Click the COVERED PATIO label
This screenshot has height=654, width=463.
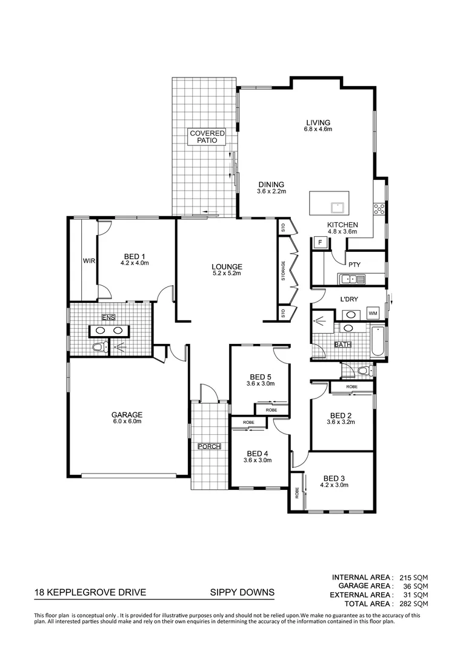tap(207, 137)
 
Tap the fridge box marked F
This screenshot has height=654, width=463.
tap(321, 242)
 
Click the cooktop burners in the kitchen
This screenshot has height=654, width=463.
tap(379, 210)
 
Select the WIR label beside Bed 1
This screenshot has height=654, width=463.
tap(89, 261)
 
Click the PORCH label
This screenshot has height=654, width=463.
tap(209, 447)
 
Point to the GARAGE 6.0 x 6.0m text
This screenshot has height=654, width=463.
tap(127, 418)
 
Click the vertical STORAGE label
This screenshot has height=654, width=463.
tap(283, 271)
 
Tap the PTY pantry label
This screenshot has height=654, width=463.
tap(355, 264)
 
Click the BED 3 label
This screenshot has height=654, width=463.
tap(335, 478)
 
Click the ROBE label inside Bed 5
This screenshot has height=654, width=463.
tap(271, 410)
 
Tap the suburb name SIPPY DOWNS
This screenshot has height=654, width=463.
tap(238, 593)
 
